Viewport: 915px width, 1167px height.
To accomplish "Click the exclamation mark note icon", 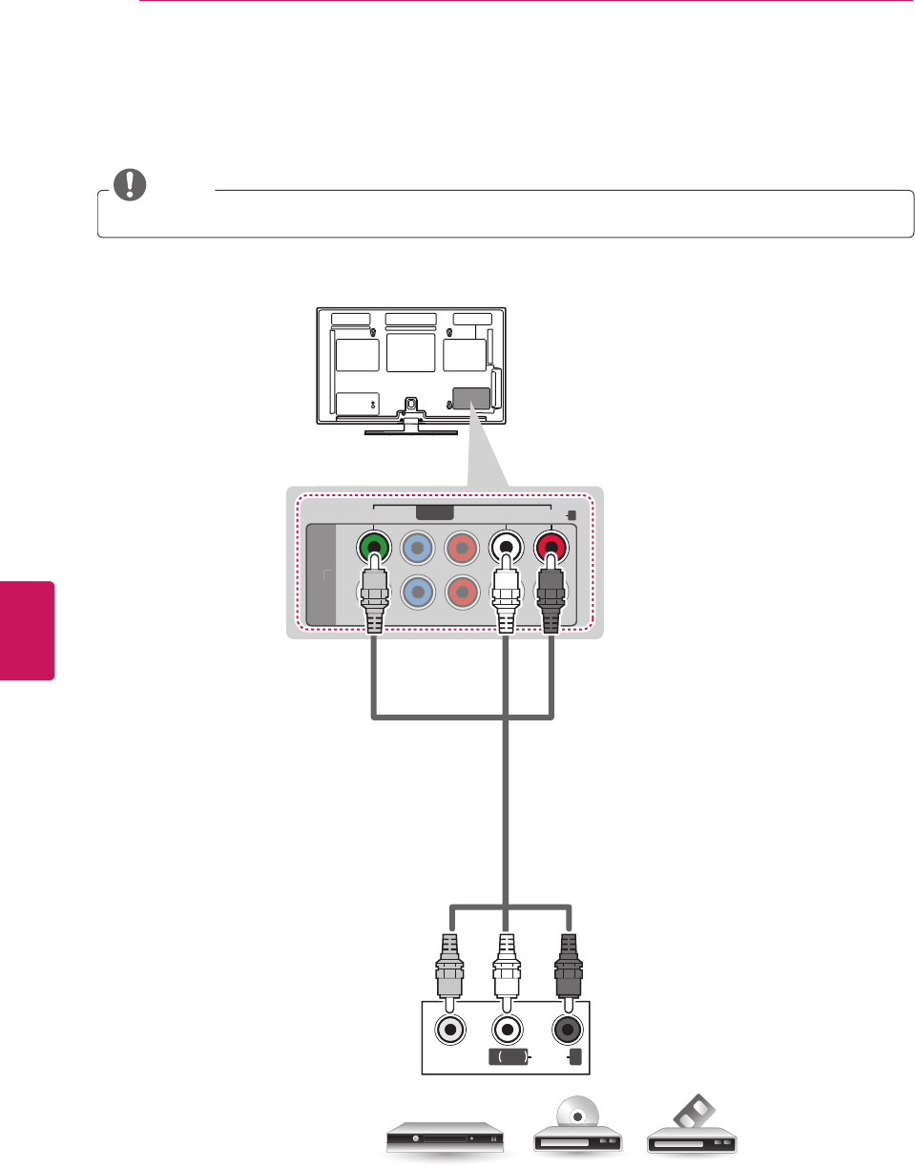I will pyautogui.click(x=129, y=183).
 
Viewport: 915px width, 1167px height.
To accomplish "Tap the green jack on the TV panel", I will pyautogui.click(x=374, y=548).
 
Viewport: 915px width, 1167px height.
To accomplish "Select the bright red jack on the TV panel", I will pyautogui.click(x=550, y=548).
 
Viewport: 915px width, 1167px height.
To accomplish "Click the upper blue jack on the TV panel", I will pyautogui.click(x=418, y=548).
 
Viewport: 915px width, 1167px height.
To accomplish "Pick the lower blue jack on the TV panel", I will pyautogui.click(x=418, y=591).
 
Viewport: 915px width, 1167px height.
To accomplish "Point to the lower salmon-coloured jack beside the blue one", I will pyautogui.click(x=462, y=591).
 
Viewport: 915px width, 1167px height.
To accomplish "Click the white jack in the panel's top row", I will pyautogui.click(x=506, y=548).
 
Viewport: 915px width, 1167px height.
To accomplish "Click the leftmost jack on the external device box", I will pyautogui.click(x=449, y=1031).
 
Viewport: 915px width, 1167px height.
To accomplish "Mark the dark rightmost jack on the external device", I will pyautogui.click(x=569, y=1031).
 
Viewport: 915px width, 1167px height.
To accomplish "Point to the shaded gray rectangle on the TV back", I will pyautogui.click(x=470, y=399).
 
